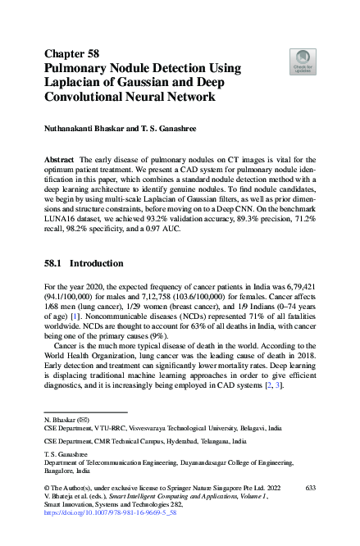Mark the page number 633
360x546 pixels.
(x=310, y=488)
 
